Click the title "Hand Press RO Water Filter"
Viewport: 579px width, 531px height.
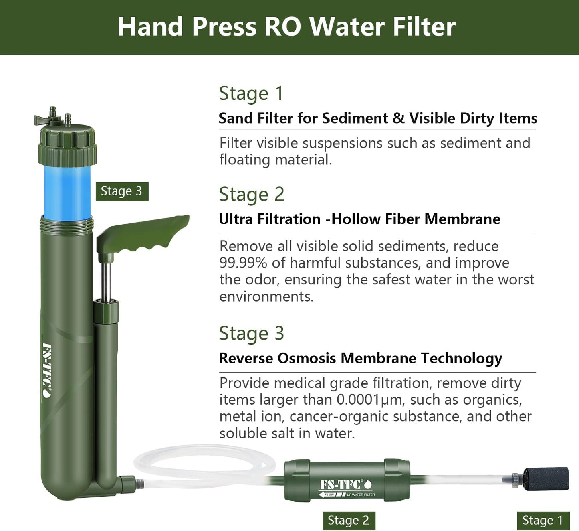click(286, 26)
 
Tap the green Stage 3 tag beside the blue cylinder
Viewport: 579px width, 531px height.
click(122, 191)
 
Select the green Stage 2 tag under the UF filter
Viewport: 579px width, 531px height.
click(349, 520)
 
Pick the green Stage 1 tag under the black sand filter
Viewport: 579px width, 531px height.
click(543, 520)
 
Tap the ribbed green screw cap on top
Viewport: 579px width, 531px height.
click(67, 146)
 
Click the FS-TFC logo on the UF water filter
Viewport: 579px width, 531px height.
click(346, 485)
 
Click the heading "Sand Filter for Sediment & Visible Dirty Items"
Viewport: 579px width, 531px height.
click(378, 118)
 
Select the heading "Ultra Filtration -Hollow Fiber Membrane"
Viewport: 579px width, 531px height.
click(360, 219)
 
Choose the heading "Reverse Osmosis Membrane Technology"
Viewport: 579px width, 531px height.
click(361, 359)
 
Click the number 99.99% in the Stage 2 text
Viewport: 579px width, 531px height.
click(243, 263)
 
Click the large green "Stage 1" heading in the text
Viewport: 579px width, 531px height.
click(251, 94)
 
